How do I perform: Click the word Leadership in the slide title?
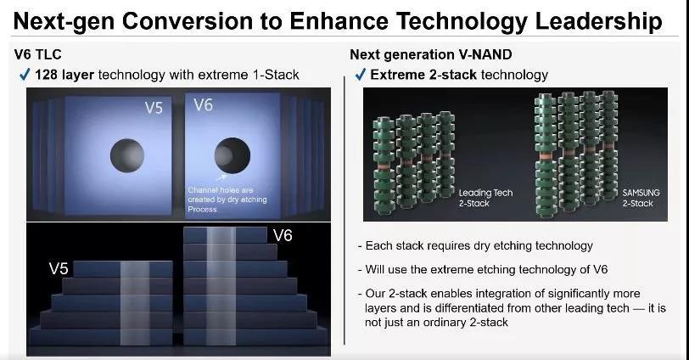598,21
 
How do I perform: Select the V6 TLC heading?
38,54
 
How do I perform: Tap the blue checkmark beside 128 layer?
25,75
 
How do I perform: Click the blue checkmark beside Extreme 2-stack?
361,75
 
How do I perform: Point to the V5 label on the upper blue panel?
154,108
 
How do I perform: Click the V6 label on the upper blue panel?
203,105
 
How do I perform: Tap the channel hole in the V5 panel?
127,155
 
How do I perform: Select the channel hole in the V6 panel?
232,155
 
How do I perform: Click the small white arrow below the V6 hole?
221,177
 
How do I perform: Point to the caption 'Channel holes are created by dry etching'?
227,194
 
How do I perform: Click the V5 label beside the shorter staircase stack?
59,268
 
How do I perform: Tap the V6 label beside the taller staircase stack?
283,235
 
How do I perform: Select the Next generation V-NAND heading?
431,54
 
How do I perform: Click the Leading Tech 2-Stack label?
485,198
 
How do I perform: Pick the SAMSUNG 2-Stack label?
641,198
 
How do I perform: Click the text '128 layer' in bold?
64,75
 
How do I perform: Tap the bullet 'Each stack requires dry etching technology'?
475,245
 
